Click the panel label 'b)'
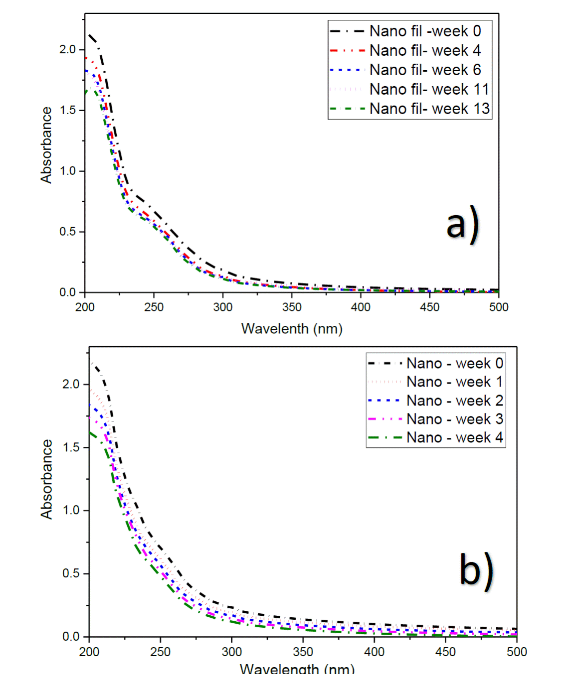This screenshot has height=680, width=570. point(476,570)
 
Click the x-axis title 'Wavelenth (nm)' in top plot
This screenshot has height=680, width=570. point(292,329)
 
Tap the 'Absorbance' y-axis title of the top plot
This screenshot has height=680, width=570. point(46,145)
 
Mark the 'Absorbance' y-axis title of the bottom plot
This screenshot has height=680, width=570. point(46,479)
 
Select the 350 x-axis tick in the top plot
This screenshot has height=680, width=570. point(292,307)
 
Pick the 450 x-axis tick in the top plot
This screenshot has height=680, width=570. point(429,307)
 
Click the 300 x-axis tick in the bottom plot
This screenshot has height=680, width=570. point(231,652)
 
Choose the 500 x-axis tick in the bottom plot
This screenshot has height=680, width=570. point(517,652)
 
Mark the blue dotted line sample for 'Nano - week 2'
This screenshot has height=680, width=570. point(384,401)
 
